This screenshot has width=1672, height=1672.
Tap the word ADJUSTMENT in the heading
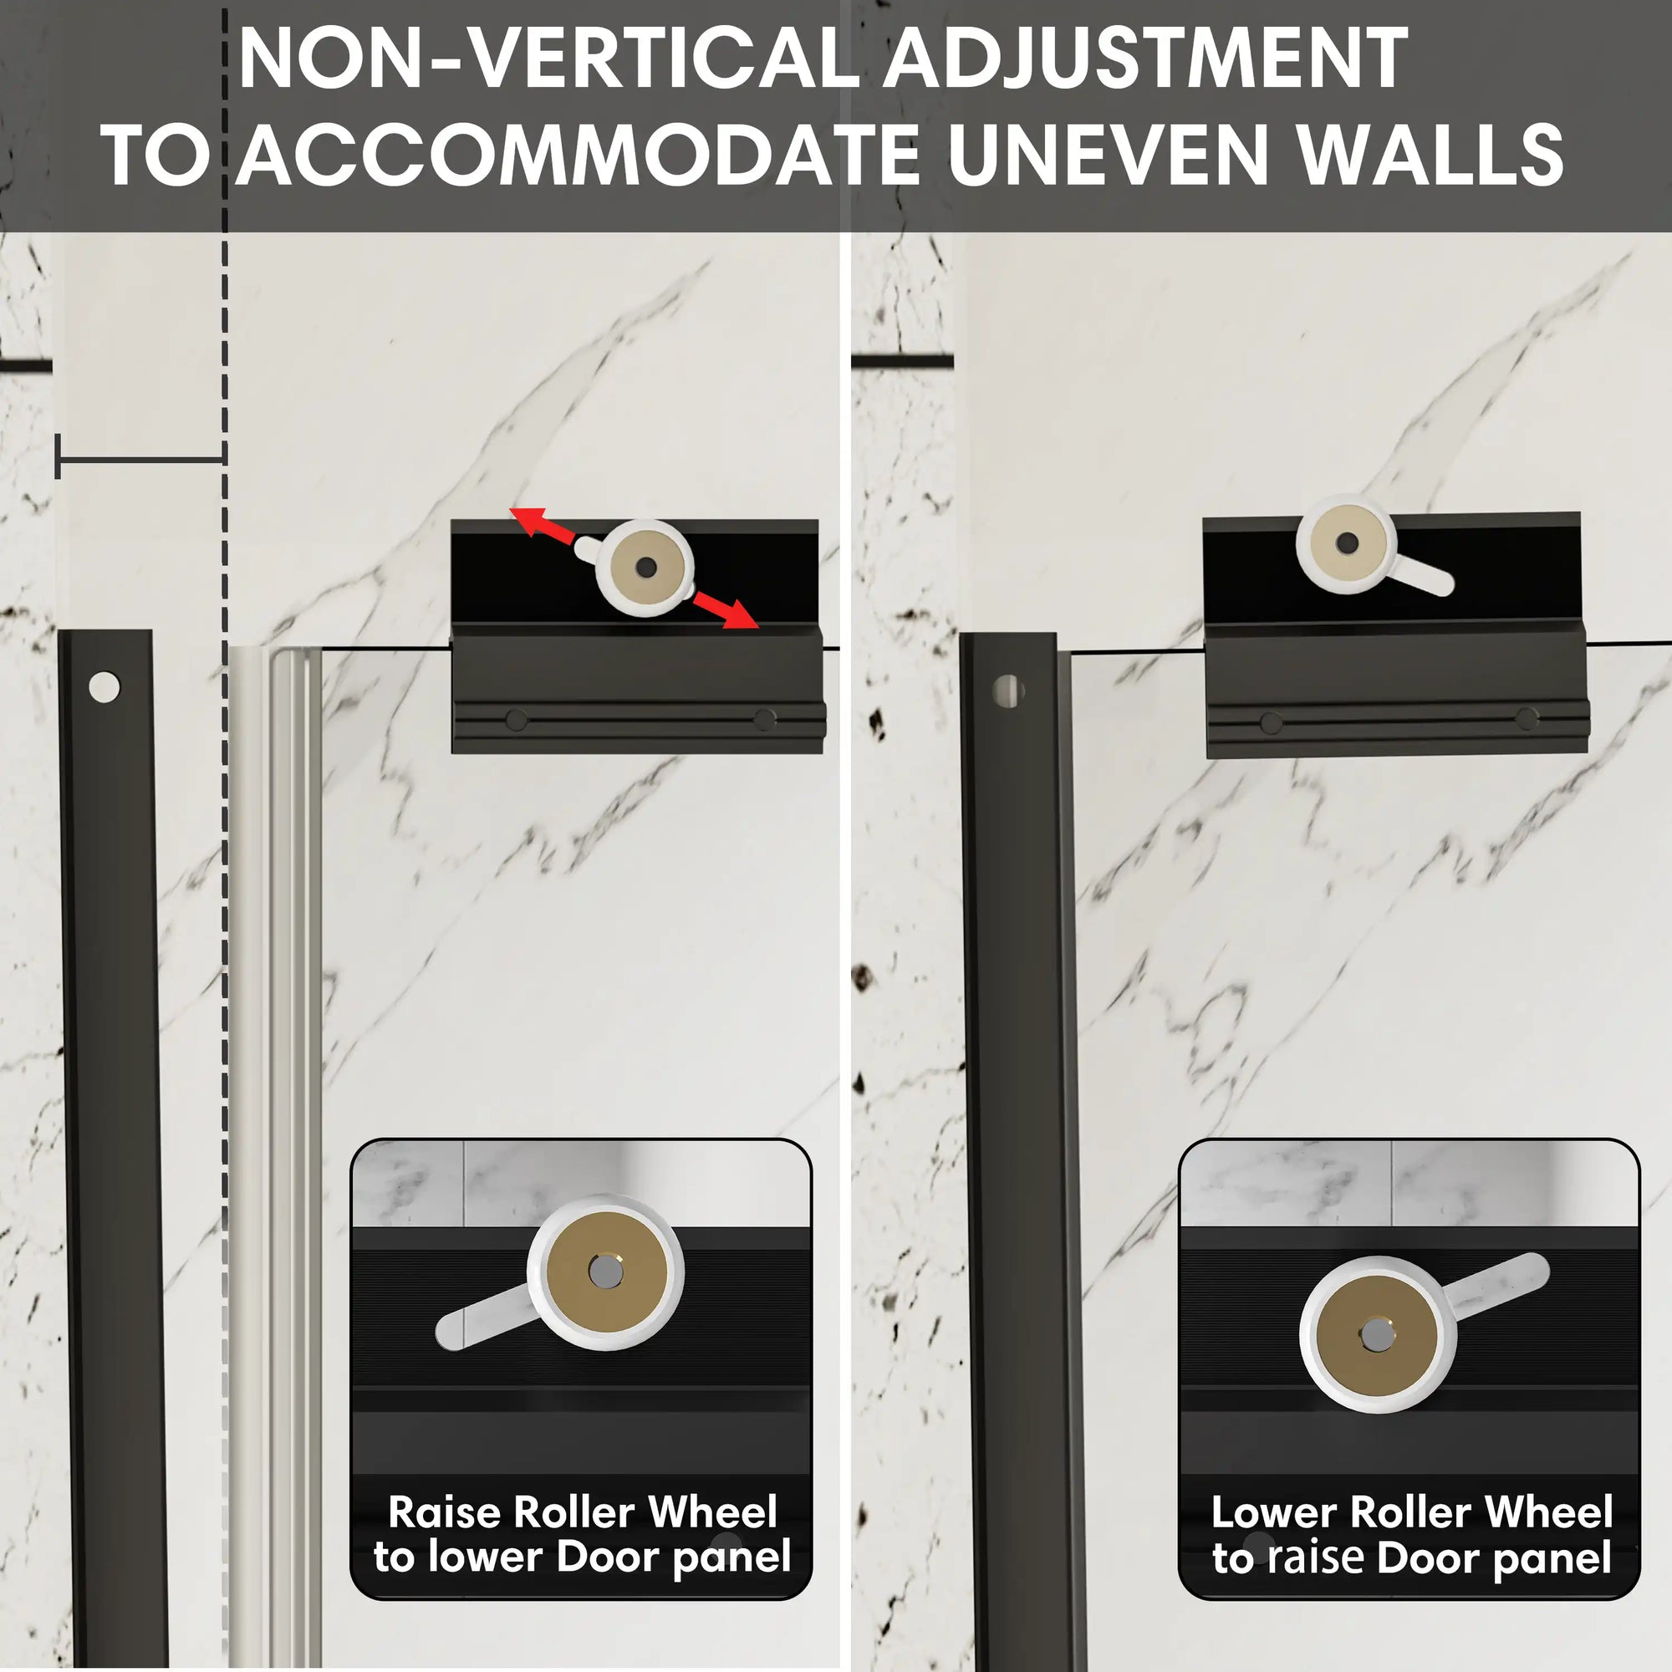[x=1145, y=59]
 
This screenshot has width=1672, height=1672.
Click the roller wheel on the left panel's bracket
[x=645, y=568]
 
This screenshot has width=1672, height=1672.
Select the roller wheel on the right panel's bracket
[x=1346, y=543]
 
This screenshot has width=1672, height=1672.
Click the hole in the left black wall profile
[x=104, y=688]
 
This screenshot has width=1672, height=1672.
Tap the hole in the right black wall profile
[x=1008, y=691]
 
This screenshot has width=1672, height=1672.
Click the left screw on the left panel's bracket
[x=516, y=720]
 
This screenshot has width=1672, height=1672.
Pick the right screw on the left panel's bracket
[x=764, y=719]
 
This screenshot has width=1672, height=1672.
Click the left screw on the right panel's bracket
[x=1272, y=723]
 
